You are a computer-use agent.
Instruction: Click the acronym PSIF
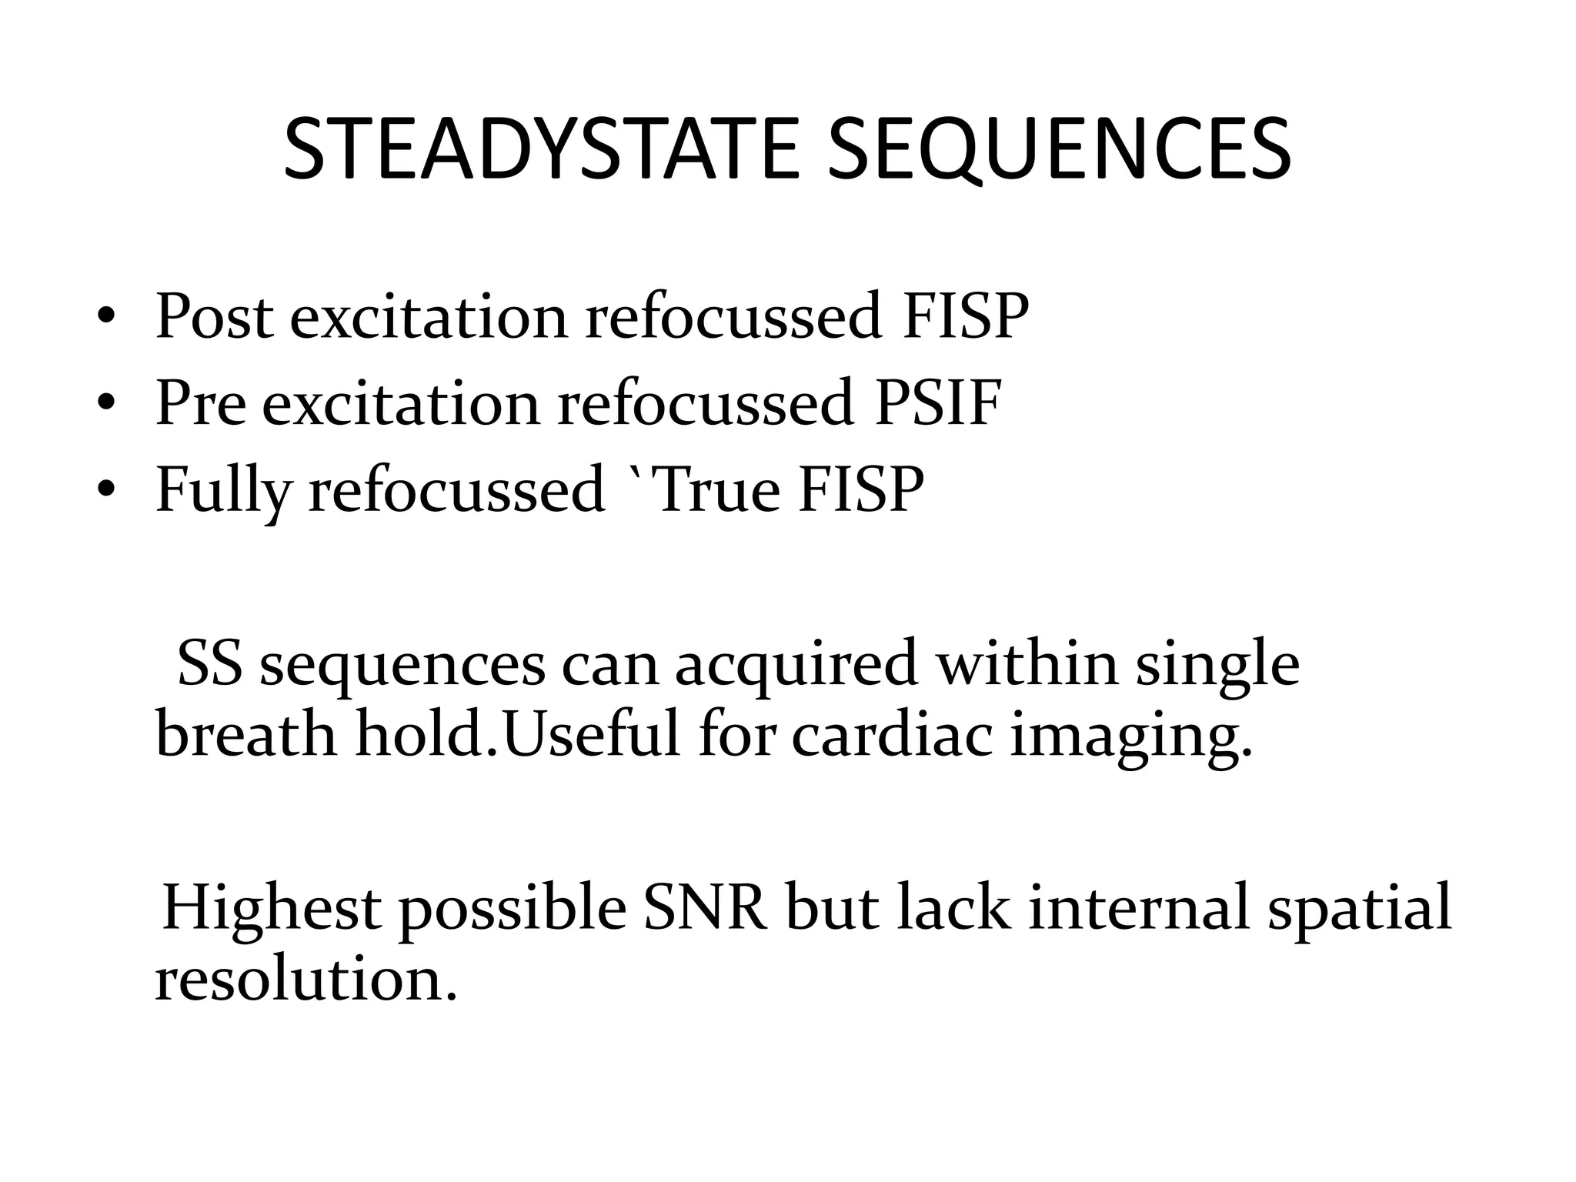[937, 403]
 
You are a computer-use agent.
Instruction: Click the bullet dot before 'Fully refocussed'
[107, 490]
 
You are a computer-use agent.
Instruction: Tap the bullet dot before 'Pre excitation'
[107, 403]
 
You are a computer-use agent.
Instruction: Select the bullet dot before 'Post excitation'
[107, 316]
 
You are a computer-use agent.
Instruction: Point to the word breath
[246, 736]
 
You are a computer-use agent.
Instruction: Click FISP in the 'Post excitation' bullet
[965, 316]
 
